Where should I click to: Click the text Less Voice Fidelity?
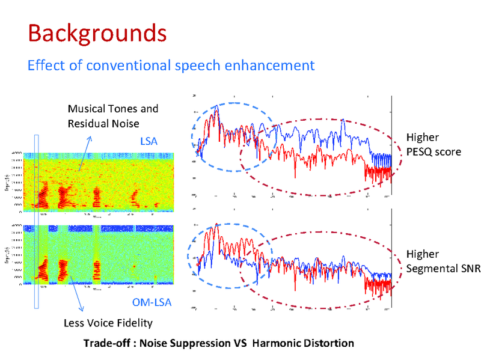[x=108, y=323]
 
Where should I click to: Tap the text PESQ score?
[x=434, y=151]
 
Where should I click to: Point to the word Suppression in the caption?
[x=203, y=343]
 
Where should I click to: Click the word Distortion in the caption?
[x=327, y=343]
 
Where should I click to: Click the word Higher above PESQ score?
[x=422, y=137]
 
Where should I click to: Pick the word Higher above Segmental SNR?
[x=422, y=254]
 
